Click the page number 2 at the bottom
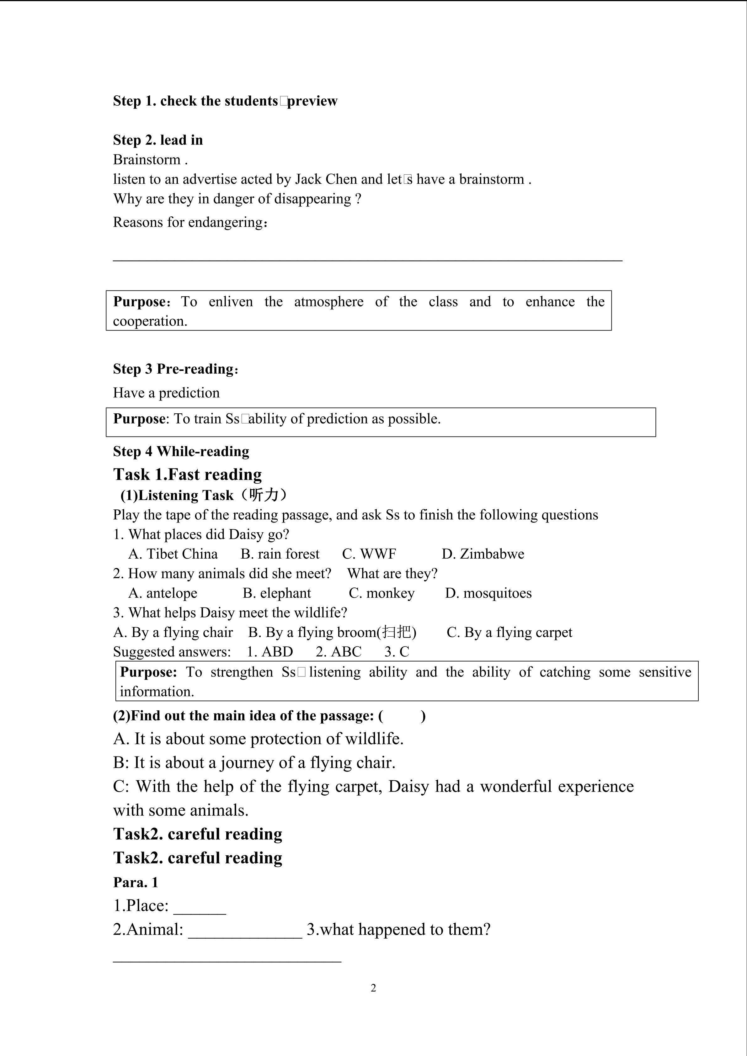[373, 988]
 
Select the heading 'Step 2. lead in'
[158, 140]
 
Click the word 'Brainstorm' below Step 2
[147, 160]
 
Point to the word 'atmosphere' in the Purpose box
[328, 302]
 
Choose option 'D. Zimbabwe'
[483, 554]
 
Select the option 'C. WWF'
[369, 554]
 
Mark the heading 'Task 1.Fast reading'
[188, 474]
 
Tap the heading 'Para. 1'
[136, 882]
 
